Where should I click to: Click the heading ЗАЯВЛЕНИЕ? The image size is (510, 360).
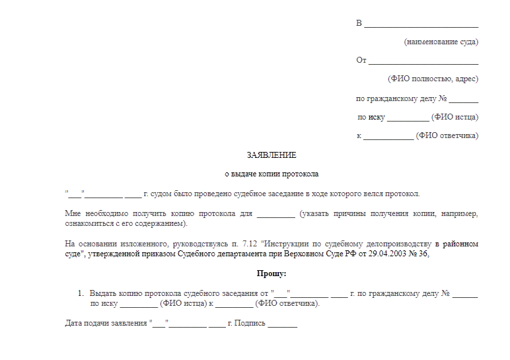pos(272,155)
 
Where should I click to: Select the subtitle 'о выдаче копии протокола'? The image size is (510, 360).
pos(272,174)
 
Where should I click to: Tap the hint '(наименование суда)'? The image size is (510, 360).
pos(441,42)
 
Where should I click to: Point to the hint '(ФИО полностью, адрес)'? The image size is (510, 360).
pos(433,79)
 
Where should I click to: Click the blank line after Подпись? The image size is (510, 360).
pos(283,324)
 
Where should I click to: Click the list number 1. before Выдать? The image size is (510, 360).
pos(81,293)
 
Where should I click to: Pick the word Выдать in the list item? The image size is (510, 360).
pos(102,293)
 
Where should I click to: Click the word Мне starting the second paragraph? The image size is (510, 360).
pos(73,214)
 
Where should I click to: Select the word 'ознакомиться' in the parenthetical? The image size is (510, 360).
pos(89,224)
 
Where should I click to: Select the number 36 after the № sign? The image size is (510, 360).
pos(423,254)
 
